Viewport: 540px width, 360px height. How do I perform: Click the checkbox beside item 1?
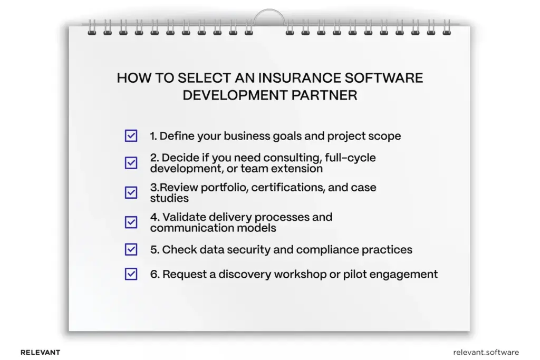point(131,136)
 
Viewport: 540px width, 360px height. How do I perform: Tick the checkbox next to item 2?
point(131,163)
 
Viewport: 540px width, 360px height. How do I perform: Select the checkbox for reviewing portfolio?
point(131,192)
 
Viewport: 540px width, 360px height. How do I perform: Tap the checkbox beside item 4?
point(131,222)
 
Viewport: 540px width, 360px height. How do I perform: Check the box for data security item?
point(131,249)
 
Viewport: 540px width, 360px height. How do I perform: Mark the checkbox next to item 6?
point(131,274)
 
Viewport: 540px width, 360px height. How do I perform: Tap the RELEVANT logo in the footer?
point(40,352)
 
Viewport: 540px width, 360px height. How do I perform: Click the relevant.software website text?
point(486,352)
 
